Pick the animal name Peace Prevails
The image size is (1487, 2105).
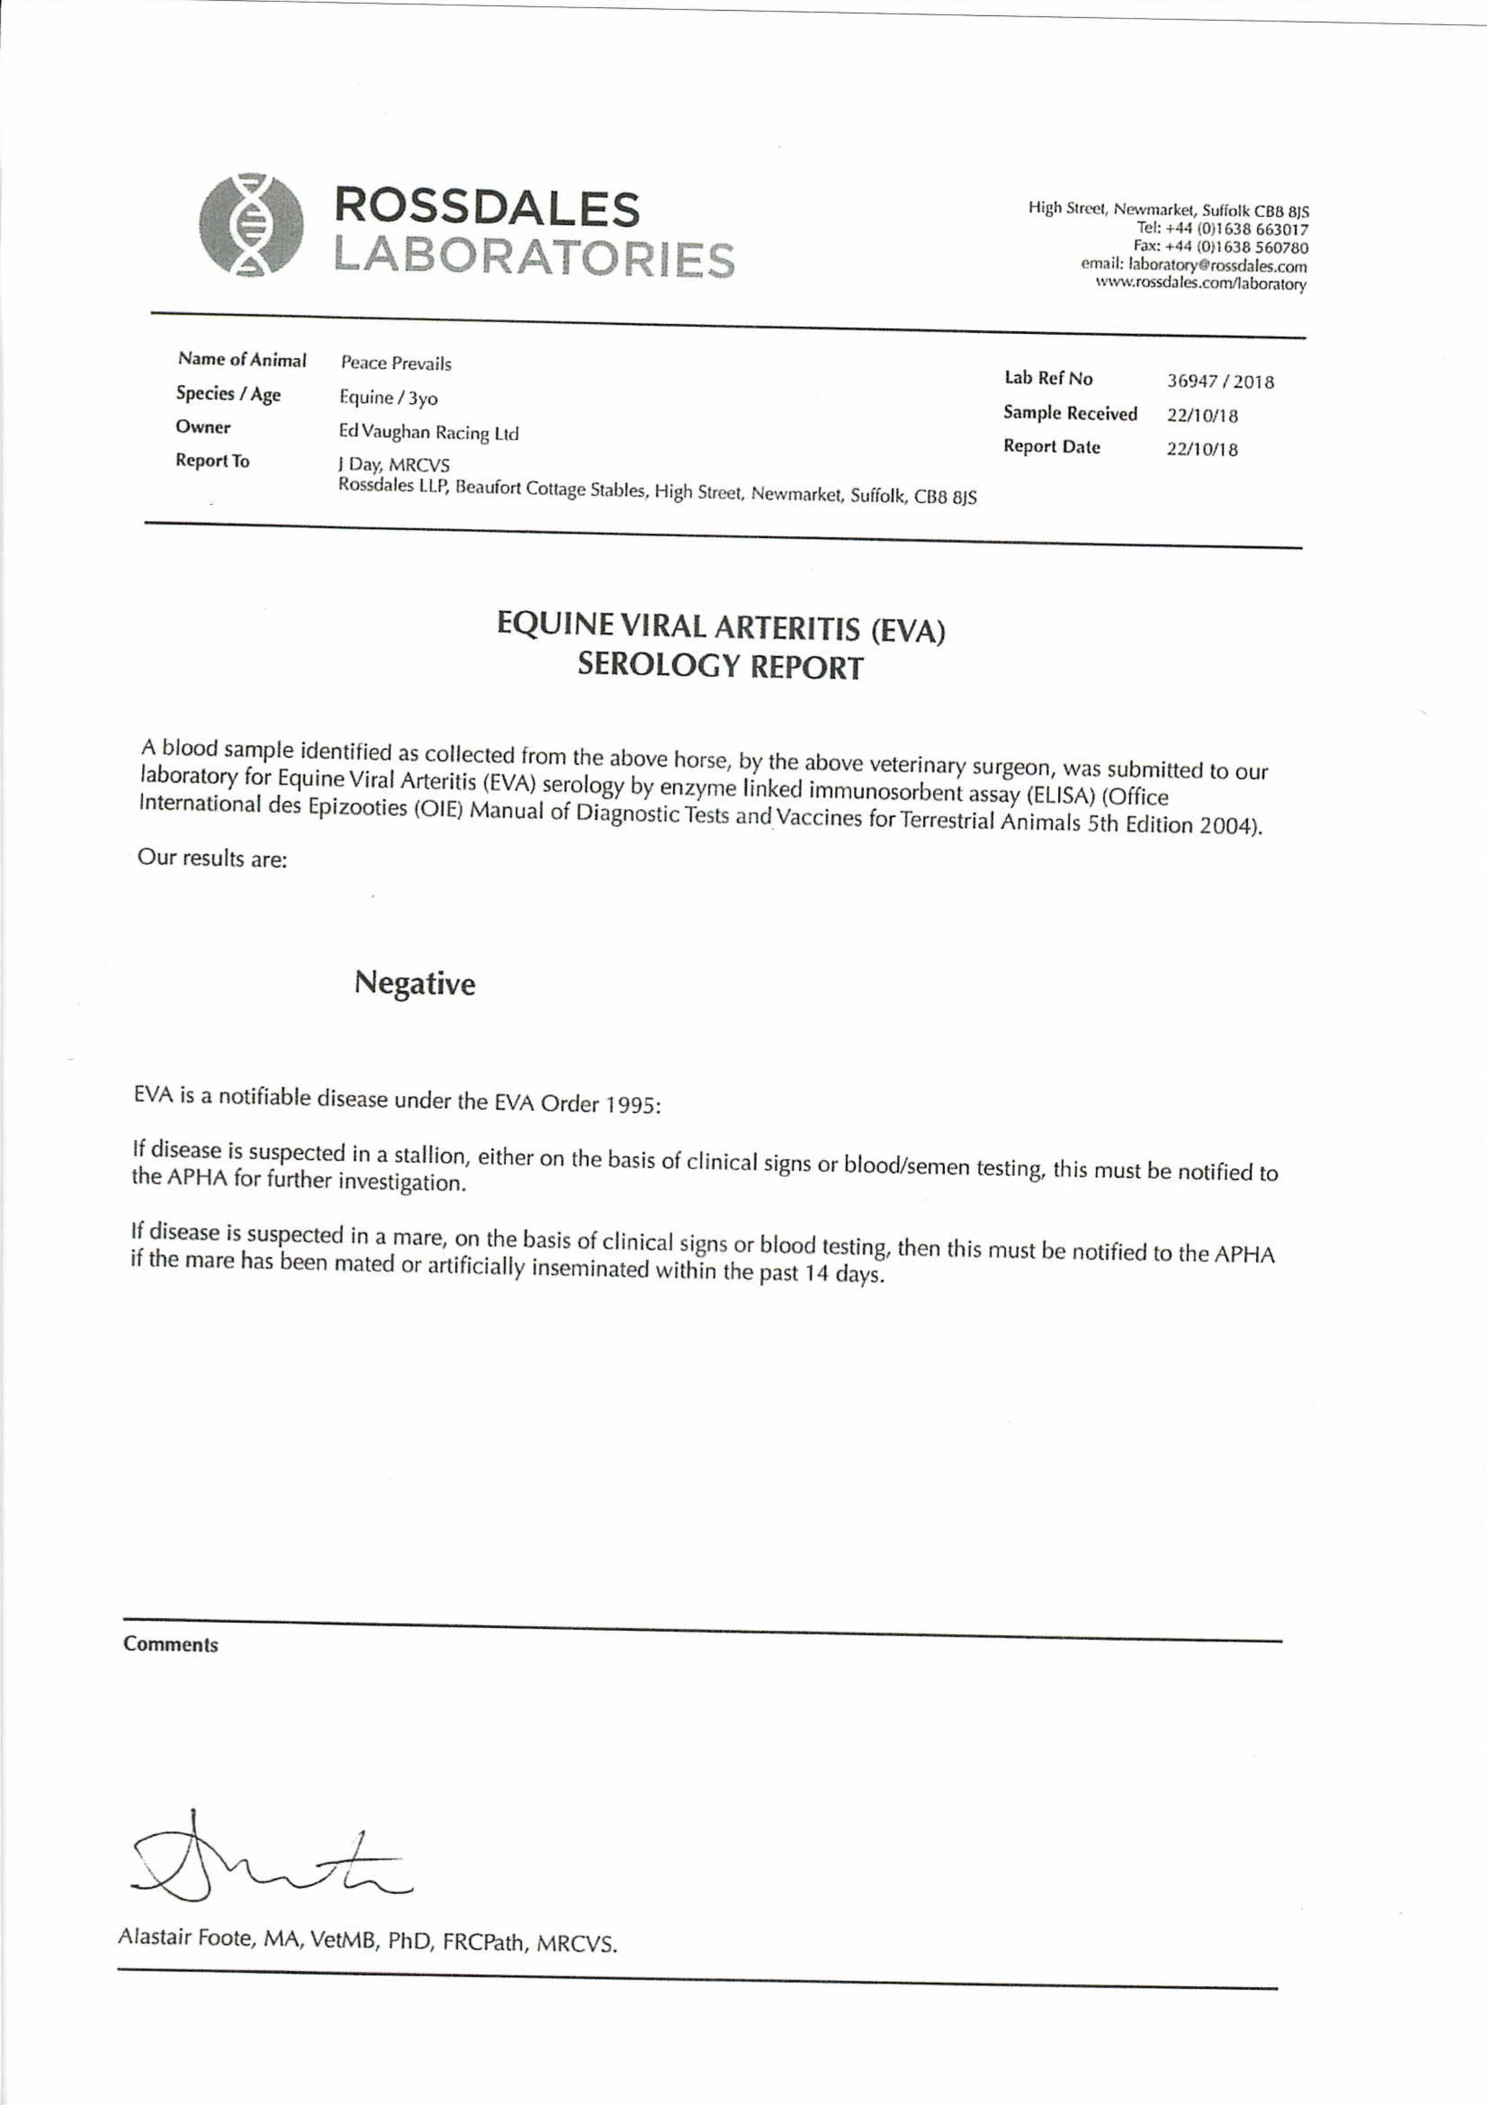pos(396,363)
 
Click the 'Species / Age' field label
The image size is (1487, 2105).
pos(228,394)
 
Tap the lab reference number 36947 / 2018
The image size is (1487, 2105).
pos(1219,381)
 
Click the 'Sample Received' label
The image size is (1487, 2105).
pos(1070,413)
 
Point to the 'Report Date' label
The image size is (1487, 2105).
pos(1051,448)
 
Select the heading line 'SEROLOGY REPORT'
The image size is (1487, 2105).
pos(720,666)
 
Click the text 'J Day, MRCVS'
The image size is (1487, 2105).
pos(394,465)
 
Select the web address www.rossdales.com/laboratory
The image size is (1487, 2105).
pos(1201,284)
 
